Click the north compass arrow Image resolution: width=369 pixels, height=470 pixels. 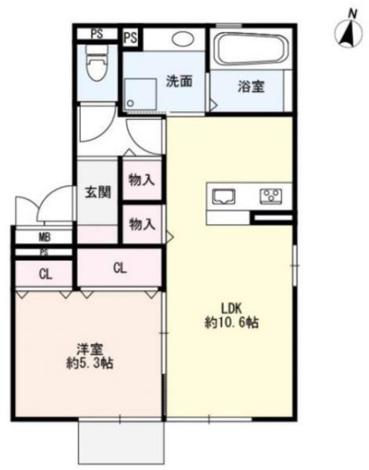344,32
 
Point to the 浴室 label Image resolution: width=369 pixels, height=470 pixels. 251,87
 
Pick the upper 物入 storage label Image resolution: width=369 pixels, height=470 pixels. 142,180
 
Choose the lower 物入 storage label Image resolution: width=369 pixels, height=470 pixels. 142,225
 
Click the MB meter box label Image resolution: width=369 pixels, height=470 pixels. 44,237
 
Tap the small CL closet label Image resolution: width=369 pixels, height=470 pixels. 44,274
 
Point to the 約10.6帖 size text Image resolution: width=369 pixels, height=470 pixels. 231,322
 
